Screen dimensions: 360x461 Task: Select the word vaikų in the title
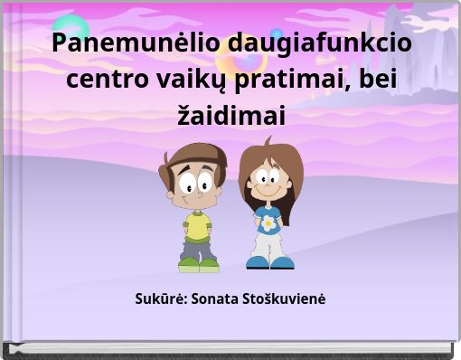pyautogui.click(x=195, y=80)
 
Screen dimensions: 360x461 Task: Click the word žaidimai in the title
pyautogui.click(x=230, y=116)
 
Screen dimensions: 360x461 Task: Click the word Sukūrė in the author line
pyautogui.click(x=159, y=298)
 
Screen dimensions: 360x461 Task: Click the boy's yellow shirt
pyautogui.click(x=197, y=223)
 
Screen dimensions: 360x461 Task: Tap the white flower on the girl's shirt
pyautogui.click(x=268, y=221)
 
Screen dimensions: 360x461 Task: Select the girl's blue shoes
pyautogui.click(x=269, y=262)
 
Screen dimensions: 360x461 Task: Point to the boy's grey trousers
pyautogui.click(x=198, y=247)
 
